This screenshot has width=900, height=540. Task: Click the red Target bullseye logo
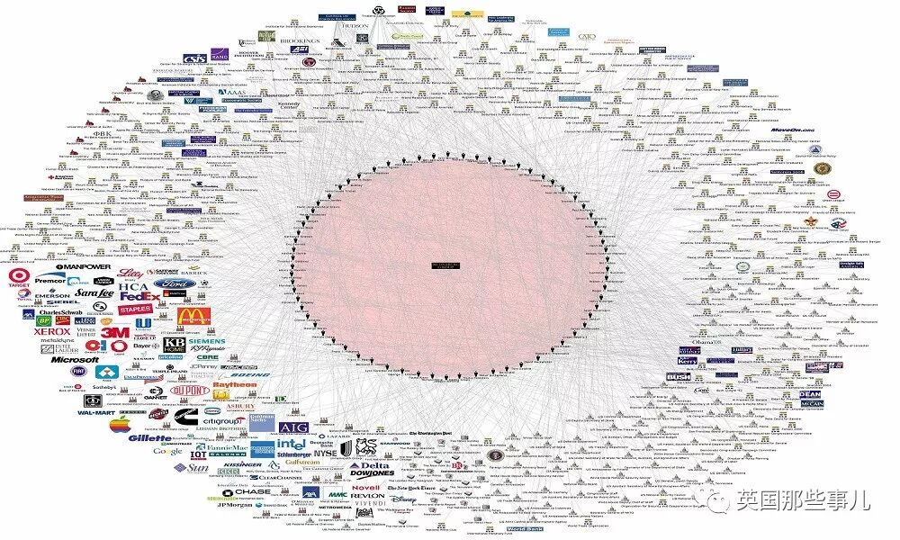click(19, 276)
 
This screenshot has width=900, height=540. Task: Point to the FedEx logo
click(140, 294)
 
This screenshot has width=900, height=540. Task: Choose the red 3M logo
click(113, 332)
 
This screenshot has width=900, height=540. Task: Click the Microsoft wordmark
click(74, 359)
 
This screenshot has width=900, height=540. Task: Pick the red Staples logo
click(135, 310)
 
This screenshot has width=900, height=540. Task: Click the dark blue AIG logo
click(293, 427)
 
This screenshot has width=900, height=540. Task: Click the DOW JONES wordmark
click(373, 474)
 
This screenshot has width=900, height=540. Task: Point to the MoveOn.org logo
click(791, 130)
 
